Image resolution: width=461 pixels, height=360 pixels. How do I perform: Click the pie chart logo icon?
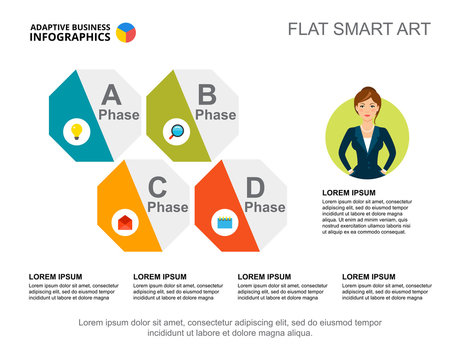click(x=126, y=32)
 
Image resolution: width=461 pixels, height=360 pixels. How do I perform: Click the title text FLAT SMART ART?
click(x=359, y=29)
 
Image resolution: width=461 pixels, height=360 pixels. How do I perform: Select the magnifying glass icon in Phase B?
click(x=177, y=130)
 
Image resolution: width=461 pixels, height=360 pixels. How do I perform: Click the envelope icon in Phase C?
click(x=124, y=222)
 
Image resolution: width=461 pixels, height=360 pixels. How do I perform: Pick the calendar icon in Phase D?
click(x=225, y=222)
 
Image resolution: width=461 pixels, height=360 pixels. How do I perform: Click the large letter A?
click(x=111, y=95)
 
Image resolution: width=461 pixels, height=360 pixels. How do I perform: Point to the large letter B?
click(x=207, y=95)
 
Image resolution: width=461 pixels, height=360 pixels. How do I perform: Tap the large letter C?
click(x=158, y=186)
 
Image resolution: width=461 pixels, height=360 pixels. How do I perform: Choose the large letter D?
click(x=256, y=186)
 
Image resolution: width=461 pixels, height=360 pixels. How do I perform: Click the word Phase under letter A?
click(x=119, y=115)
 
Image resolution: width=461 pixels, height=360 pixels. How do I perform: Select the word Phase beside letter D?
click(x=265, y=207)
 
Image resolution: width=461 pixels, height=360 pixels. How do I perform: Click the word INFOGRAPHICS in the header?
click(x=70, y=36)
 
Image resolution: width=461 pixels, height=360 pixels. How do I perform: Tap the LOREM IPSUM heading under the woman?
click(x=349, y=192)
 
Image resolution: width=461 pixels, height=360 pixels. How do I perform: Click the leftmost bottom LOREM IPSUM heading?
click(x=55, y=276)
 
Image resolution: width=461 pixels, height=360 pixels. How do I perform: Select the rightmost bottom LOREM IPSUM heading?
click(x=368, y=276)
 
